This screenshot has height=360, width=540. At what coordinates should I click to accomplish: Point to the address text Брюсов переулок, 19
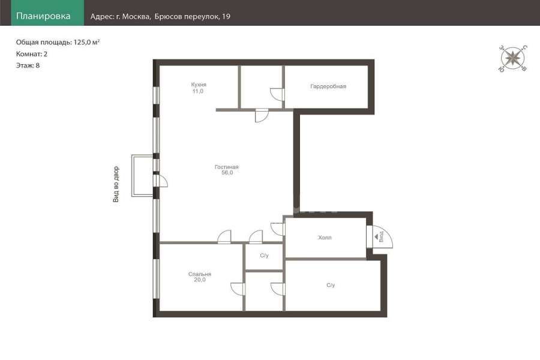(192, 16)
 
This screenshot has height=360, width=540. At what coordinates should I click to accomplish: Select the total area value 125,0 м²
(87, 42)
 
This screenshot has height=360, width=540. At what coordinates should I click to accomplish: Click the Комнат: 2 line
(32, 54)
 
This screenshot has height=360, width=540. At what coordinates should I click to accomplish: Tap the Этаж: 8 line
(28, 65)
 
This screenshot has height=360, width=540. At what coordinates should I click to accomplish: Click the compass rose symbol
(513, 58)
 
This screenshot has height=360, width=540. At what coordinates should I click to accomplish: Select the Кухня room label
(199, 85)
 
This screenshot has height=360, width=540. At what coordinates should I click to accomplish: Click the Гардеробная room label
(328, 86)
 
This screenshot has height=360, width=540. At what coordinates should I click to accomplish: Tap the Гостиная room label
(227, 167)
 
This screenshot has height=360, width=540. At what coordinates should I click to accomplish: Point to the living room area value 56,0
(227, 173)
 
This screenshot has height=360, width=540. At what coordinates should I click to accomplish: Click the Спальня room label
(200, 274)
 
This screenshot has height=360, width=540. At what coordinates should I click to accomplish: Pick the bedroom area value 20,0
(200, 280)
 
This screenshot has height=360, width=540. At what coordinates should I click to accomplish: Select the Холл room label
(325, 238)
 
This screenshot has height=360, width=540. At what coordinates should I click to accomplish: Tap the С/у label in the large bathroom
(331, 285)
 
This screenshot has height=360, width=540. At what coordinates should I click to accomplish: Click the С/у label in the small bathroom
(264, 256)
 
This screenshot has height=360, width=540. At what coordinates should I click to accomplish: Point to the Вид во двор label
(116, 184)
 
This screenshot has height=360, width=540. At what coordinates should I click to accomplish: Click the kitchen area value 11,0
(198, 91)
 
